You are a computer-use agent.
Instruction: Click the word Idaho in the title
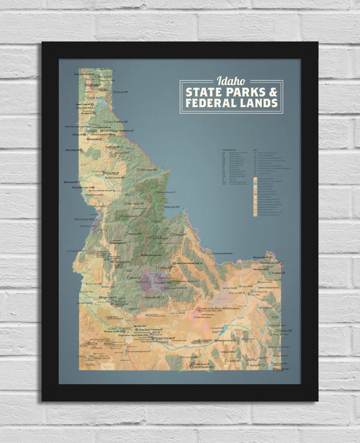(231, 81)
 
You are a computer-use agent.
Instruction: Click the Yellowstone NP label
(269, 262)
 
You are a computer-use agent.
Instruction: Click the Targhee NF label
(277, 273)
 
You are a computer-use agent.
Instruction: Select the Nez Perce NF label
(135, 204)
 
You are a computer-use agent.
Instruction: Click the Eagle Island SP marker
(100, 298)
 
